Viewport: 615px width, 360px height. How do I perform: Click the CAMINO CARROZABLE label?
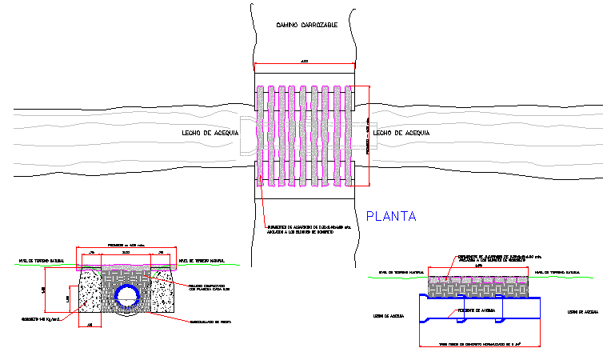tap(306, 25)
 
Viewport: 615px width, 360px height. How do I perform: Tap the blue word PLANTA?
tap(392, 215)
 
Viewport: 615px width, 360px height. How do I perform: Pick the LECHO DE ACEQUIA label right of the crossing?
tap(402, 132)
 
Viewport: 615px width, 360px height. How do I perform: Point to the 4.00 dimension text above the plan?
tap(304, 61)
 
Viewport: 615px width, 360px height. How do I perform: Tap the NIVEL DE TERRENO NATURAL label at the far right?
tap(557, 272)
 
